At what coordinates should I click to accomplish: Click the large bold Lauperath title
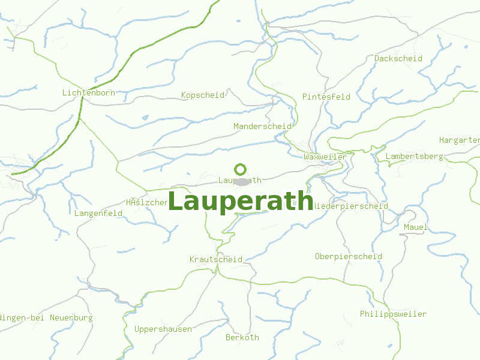pos(241,202)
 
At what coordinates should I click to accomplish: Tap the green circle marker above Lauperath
pos(241,170)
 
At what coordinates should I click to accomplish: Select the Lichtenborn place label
pos(88,93)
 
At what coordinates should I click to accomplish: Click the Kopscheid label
pos(203,95)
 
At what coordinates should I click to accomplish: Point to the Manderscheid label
pos(262,127)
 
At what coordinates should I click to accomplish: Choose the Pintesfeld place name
pos(326,97)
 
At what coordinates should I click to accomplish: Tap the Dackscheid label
pos(398,59)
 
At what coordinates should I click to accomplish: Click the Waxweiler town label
pos(325,157)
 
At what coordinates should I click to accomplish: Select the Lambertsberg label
pos(415,157)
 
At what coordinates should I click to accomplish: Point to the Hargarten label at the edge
pos(460,140)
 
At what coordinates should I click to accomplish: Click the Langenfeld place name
pos(99,213)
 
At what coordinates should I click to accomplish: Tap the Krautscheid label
pos(216,260)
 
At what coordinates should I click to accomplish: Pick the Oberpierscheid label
pos(349,257)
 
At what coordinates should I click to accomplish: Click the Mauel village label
pos(416,227)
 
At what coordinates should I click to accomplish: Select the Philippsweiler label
pos(394,314)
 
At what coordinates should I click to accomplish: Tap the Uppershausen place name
pos(163,329)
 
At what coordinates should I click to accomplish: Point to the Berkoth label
pos(242,338)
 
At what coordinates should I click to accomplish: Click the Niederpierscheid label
pos(350,206)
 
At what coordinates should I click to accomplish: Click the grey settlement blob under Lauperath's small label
pos(241,182)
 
